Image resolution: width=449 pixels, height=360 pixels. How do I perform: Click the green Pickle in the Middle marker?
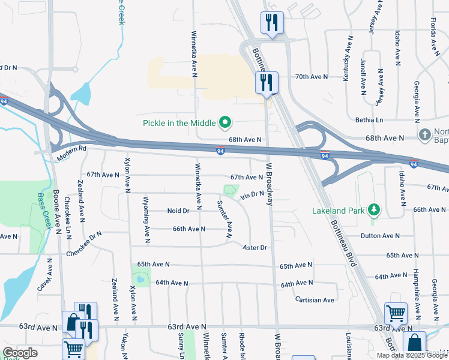coord(226,123)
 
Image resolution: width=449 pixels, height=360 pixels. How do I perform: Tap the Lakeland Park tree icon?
coord(375,210)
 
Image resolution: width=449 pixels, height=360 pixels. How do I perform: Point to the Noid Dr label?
coord(178,211)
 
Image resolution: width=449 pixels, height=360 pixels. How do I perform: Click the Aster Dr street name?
coord(254,247)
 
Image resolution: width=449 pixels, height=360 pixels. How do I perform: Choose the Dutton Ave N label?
coord(380,236)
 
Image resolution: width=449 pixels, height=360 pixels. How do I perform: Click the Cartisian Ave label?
coord(315,299)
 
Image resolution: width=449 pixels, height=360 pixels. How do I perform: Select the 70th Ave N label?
coord(312,77)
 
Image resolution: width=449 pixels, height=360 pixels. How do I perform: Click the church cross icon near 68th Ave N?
coord(426,133)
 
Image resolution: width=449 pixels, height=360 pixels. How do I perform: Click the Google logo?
coord(20,353)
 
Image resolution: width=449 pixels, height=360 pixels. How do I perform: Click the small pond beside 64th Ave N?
coord(140,278)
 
